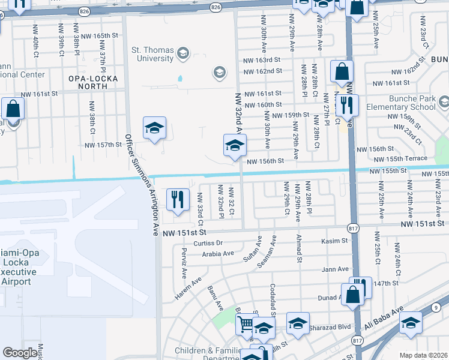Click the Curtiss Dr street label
coord(208,243)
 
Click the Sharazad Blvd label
coord(329,328)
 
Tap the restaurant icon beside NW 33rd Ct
coord(176,200)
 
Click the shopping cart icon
coord(245,325)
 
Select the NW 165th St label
coord(100,36)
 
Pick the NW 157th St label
coord(103,145)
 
